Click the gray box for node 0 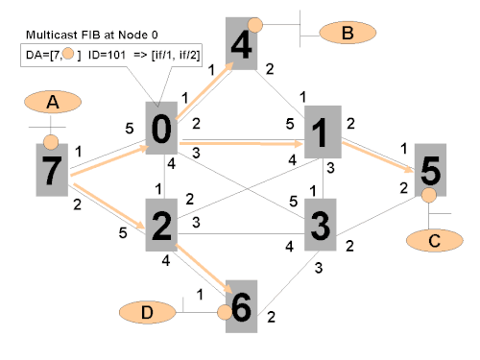click(161, 128)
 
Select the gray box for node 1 click(323, 132)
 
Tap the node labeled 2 click(161, 225)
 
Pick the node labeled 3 click(321, 225)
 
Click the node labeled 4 click(241, 44)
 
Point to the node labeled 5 click(430, 170)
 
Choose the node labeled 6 click(241, 306)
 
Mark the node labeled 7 click(52, 170)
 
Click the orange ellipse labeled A click(53, 102)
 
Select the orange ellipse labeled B click(348, 33)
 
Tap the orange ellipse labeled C click(435, 240)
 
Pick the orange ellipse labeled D click(148, 312)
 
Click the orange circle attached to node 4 click(255, 25)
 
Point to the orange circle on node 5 click(429, 195)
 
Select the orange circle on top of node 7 click(51, 142)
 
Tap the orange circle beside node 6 click(225, 312)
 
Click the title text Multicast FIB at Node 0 click(92, 35)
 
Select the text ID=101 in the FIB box click(107, 55)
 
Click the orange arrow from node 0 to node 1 click(241, 144)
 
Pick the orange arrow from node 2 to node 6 click(204, 269)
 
